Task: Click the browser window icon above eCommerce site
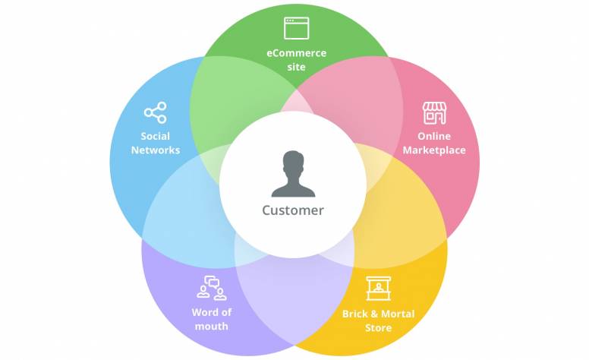[296, 28]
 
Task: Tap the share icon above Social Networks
[155, 114]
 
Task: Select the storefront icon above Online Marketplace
[434, 113]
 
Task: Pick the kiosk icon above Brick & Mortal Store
[377, 289]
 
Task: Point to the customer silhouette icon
[293, 174]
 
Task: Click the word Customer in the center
[293, 210]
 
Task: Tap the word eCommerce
[296, 53]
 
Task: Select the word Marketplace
[434, 150]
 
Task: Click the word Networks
[156, 150]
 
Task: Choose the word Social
[156, 137]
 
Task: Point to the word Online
[434, 137]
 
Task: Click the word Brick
[355, 314]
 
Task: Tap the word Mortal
[398, 314]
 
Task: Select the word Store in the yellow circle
[378, 328]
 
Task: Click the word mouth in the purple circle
[211, 327]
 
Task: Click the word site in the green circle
[296, 67]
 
